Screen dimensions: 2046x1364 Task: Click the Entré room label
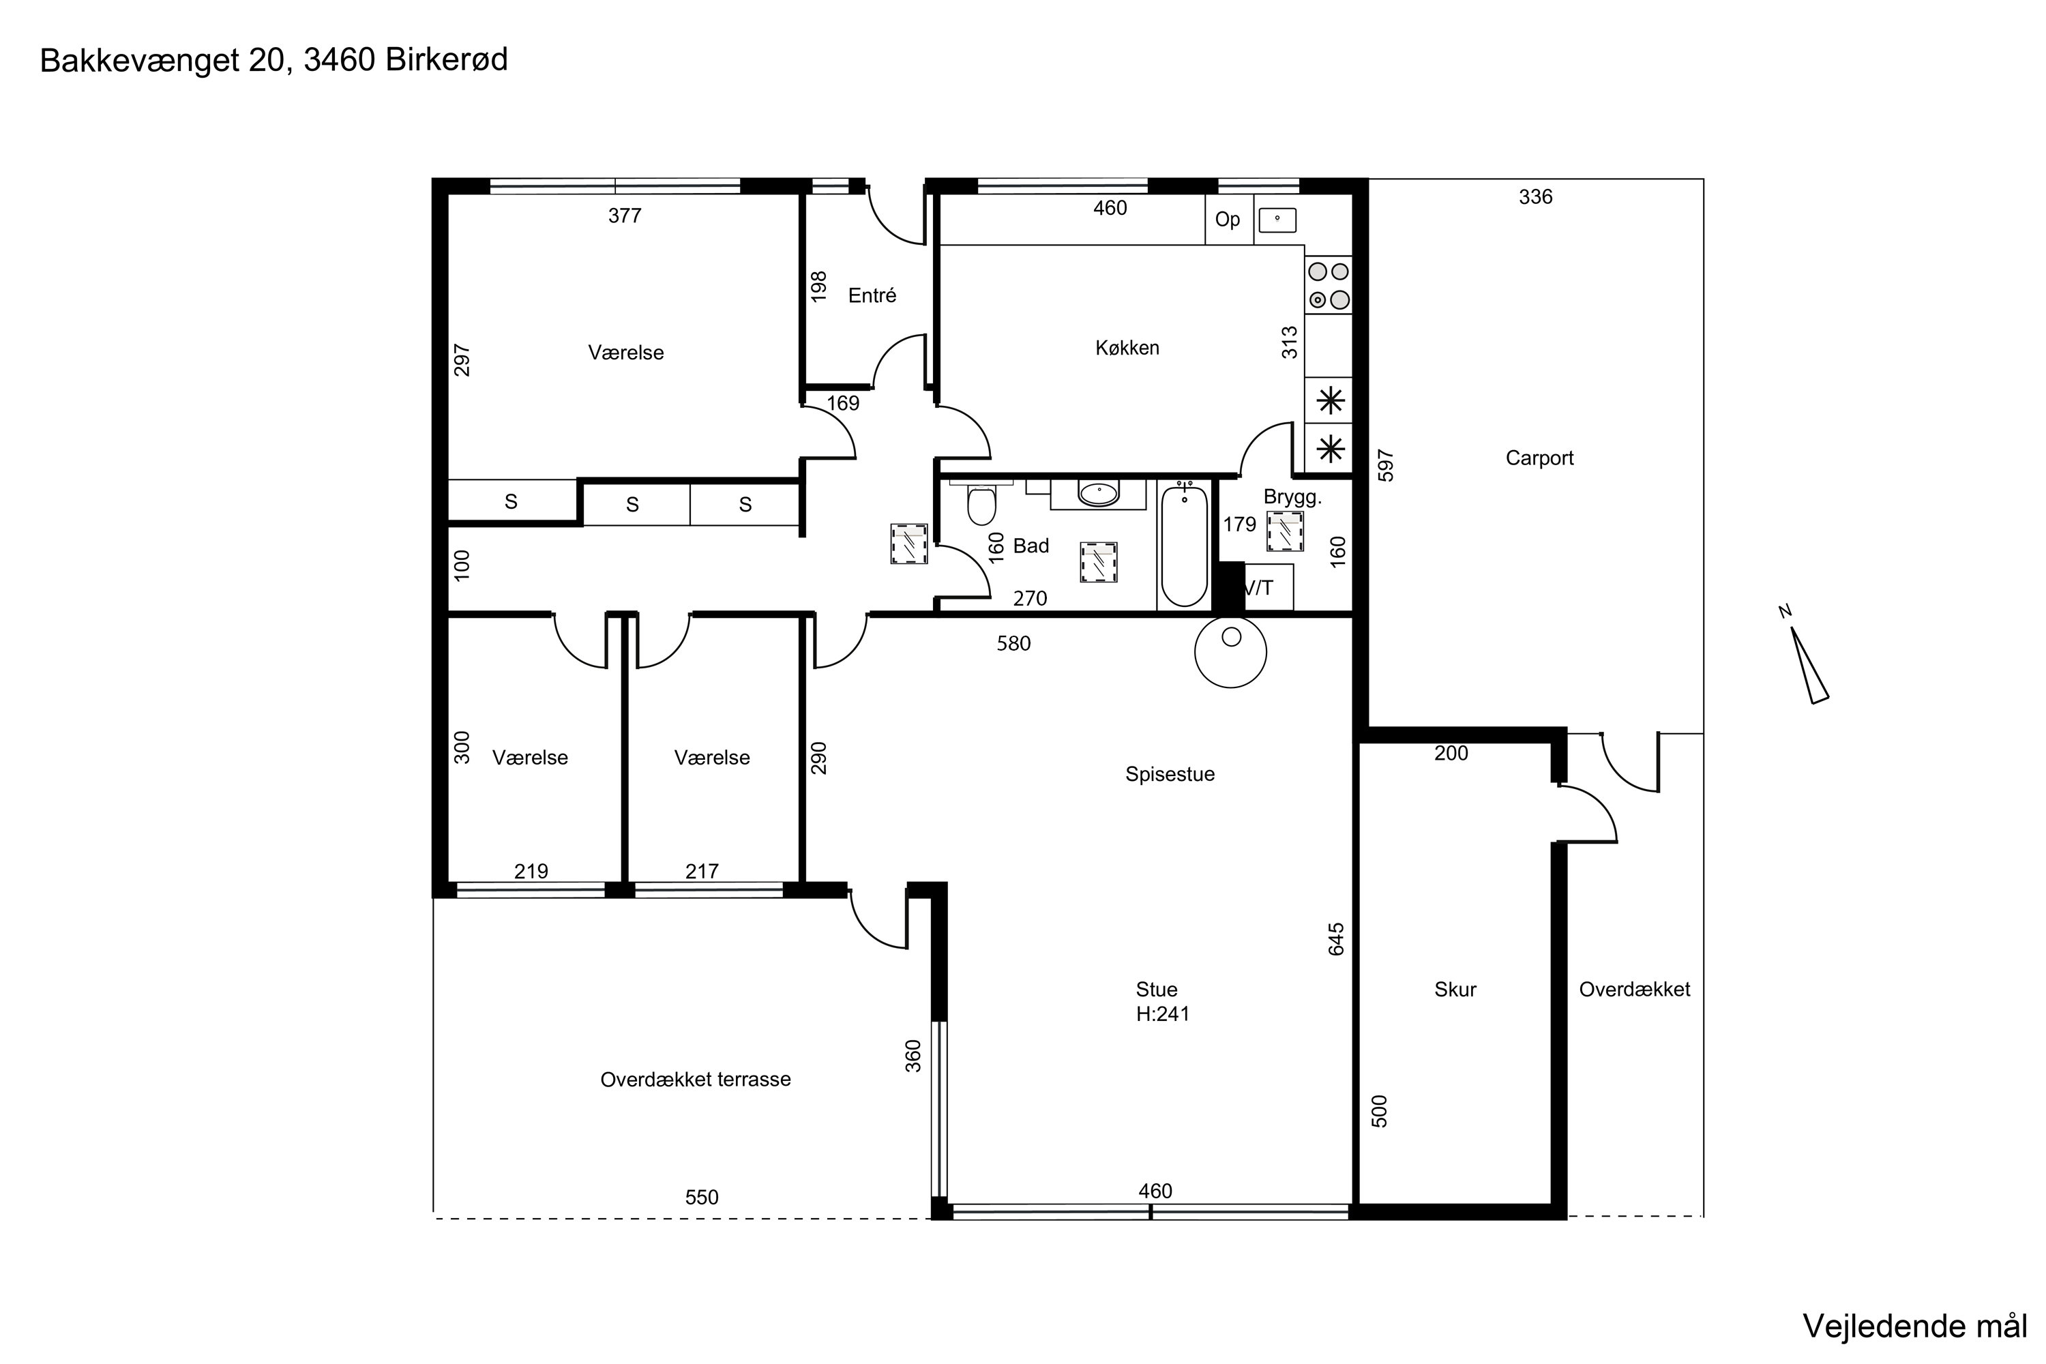872,296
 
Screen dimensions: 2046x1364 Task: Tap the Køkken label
1127,348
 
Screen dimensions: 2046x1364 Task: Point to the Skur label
1455,989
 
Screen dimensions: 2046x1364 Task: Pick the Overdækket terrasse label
695,1080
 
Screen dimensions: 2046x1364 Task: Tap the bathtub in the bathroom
1184,544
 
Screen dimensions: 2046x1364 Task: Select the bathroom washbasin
1099,494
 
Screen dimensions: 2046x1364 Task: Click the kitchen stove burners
1329,285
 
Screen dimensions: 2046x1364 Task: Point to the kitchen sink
1277,220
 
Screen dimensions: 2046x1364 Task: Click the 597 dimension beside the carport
1386,465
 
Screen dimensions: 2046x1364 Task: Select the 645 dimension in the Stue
1336,940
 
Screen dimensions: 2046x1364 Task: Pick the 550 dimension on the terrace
701,1197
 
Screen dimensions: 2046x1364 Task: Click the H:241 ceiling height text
1162,1013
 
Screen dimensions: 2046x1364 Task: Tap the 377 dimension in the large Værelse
625,216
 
